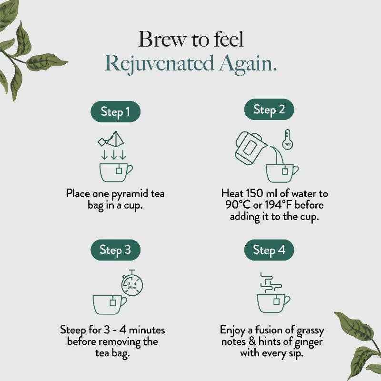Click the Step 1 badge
coord(115,112)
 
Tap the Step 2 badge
coord(269,110)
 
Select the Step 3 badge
coord(115,250)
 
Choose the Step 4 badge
coord(269,250)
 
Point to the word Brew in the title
coord(160,39)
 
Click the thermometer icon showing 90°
coord(287,139)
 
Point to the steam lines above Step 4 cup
coord(270,282)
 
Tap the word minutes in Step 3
coord(143,330)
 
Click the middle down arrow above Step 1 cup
coord(113,154)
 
